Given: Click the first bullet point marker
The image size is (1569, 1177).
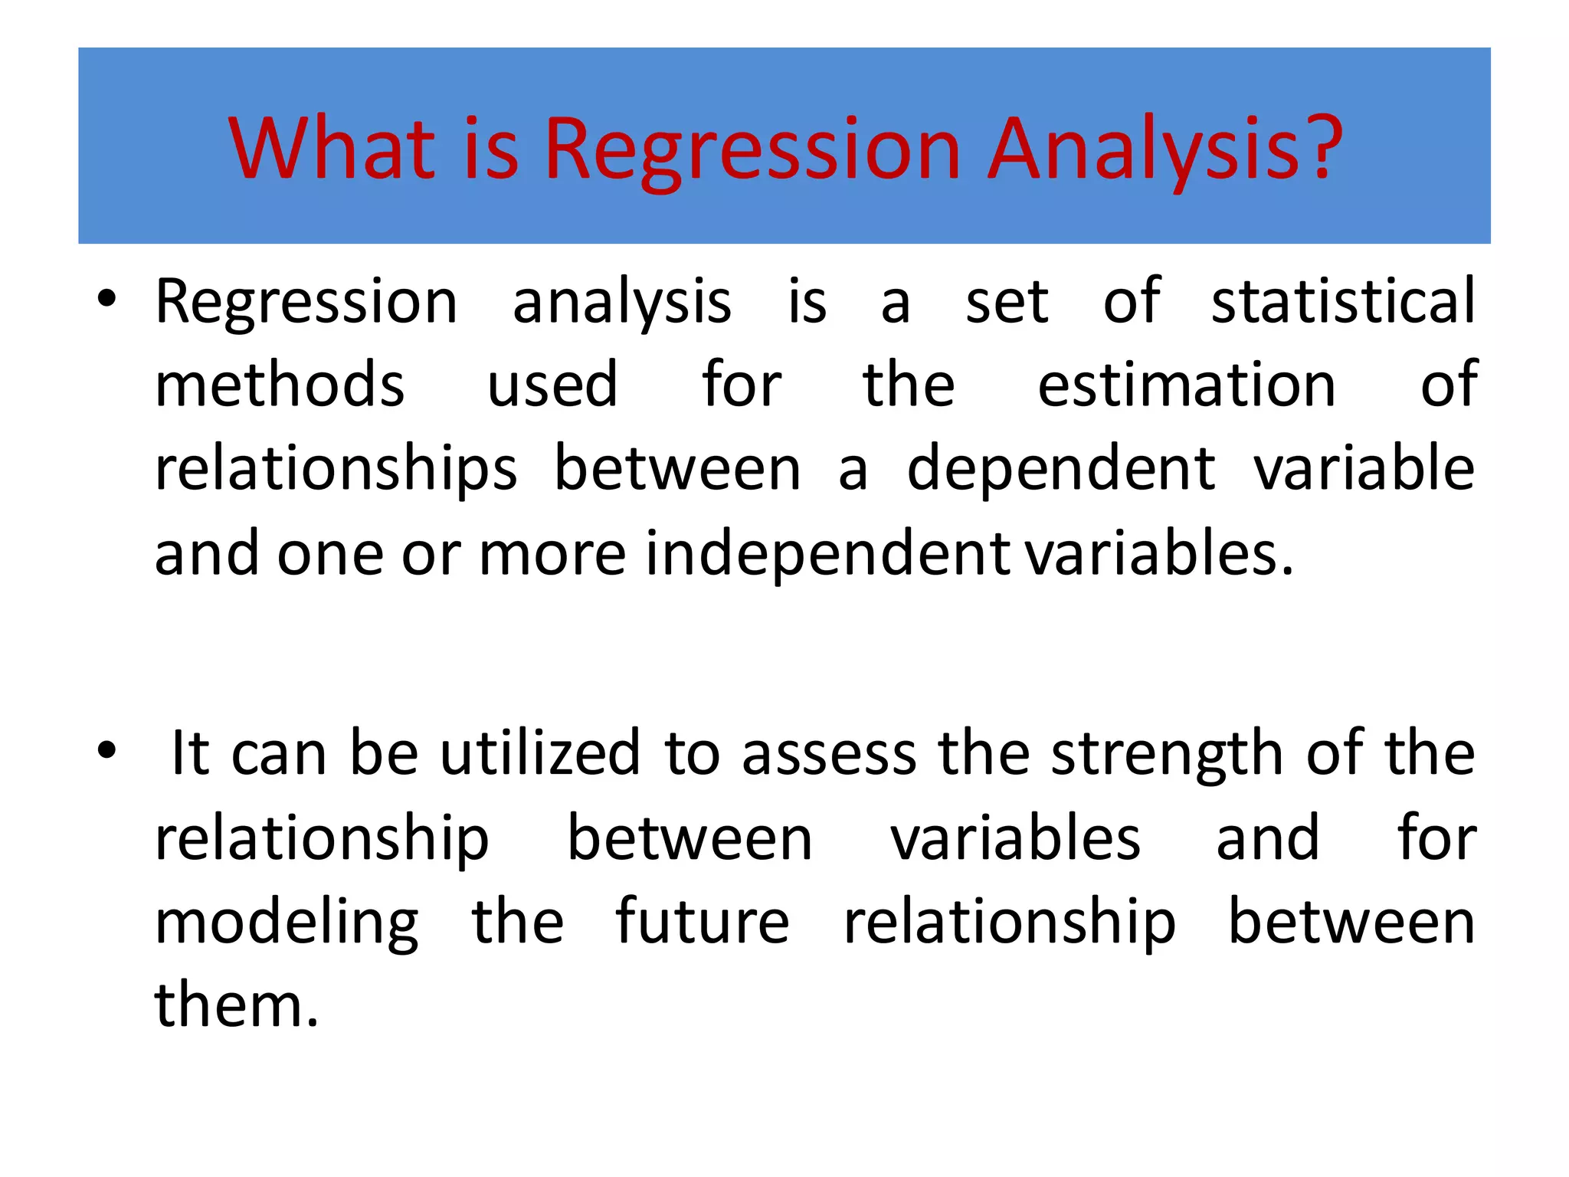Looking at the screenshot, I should pyautogui.click(x=106, y=300).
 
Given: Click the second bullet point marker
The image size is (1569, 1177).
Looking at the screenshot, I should pyautogui.click(x=106, y=752).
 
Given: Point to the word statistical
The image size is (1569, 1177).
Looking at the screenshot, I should pyautogui.click(x=1342, y=300).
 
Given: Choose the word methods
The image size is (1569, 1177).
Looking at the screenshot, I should pyautogui.click(x=280, y=384).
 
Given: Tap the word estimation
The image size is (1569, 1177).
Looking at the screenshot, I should pyautogui.click(x=1187, y=384).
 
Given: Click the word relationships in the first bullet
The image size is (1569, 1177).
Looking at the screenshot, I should pyautogui.click(x=336, y=469).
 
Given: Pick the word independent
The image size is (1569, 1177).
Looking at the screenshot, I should pyautogui.click(x=827, y=553).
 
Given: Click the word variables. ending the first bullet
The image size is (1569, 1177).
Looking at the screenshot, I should pyautogui.click(x=1159, y=553).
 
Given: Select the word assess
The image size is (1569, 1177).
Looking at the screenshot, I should pyautogui.click(x=829, y=754).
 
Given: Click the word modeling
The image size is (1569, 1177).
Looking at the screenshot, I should pyautogui.click(x=287, y=923).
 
